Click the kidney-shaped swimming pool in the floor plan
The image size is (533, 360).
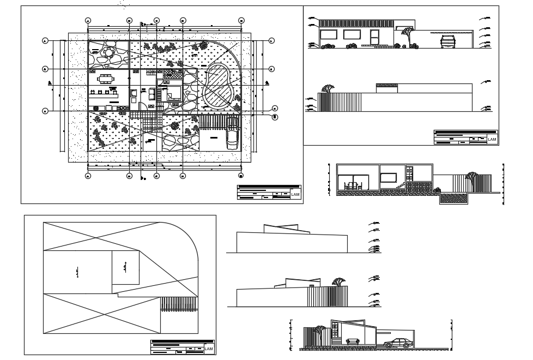(x=218, y=87)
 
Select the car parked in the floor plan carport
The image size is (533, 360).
(x=233, y=137)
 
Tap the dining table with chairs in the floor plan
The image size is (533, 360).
(x=105, y=78)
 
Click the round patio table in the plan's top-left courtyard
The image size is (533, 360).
(x=108, y=53)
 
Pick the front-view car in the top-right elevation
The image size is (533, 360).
(x=448, y=41)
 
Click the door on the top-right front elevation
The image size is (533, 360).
(x=375, y=38)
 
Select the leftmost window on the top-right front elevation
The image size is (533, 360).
(x=328, y=35)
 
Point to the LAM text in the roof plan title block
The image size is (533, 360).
(x=208, y=349)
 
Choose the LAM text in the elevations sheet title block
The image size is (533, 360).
(x=492, y=140)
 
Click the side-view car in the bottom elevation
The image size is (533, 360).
(x=397, y=343)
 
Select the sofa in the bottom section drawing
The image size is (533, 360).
(x=353, y=341)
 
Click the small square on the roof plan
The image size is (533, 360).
(x=125, y=268)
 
